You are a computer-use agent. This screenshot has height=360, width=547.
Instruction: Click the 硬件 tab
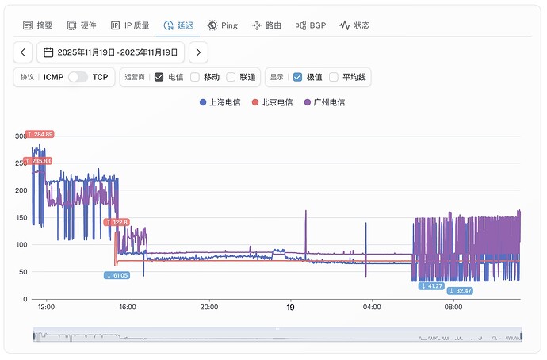82,25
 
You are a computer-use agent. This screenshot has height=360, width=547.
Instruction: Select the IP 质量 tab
129,25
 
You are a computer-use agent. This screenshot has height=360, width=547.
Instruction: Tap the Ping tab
222,25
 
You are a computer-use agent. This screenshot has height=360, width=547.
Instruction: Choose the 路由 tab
266,25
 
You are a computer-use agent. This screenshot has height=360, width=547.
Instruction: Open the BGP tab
310,25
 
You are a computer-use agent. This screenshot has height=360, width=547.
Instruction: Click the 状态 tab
354,25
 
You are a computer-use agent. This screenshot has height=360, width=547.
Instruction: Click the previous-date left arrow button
24,52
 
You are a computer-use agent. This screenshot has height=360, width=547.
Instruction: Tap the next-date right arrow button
199,52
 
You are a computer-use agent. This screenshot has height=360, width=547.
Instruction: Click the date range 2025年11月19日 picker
112,52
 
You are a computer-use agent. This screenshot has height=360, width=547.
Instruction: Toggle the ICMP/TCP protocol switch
78,77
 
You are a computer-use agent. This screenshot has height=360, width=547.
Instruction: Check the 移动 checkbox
195,77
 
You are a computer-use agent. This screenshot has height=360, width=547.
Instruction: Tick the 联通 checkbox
231,77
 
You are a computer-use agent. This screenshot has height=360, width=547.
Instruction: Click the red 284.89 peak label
40,134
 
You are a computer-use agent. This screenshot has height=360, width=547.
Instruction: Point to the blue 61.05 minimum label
117,275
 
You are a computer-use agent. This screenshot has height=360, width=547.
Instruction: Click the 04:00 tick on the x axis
372,308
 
